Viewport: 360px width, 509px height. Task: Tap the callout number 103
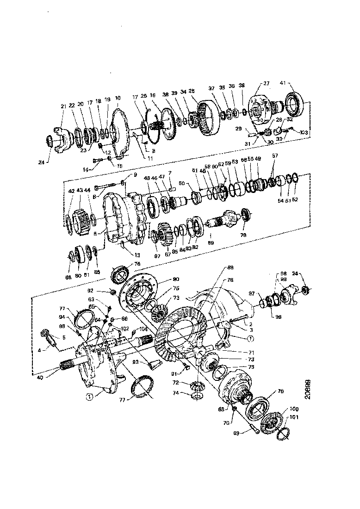click(303, 132)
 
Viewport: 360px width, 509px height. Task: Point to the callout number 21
click(63, 106)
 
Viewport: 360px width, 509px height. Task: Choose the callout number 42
click(72, 190)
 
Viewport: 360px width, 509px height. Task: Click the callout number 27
click(267, 83)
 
